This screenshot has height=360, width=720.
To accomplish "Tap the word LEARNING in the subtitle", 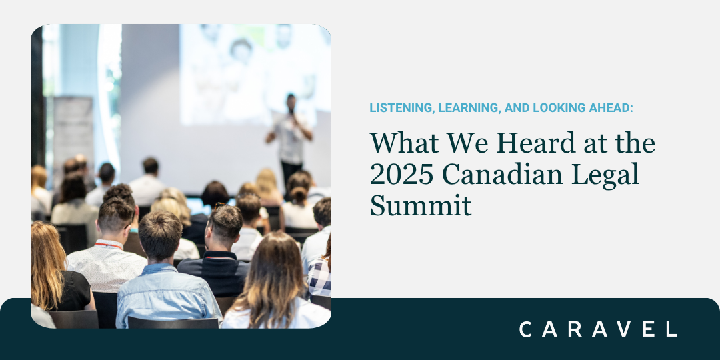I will [456, 108].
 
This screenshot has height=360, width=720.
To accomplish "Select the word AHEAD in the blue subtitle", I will [608, 108].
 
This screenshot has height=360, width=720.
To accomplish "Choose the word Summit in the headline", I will [421, 205].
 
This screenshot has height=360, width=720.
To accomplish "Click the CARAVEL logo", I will [598, 329].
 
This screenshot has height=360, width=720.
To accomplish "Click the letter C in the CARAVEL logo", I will [525, 329].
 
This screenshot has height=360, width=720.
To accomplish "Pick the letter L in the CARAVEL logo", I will [671, 329].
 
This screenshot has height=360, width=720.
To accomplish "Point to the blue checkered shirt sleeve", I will [320, 277].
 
